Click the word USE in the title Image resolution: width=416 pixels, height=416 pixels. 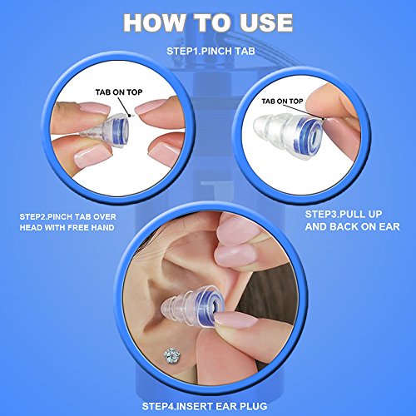266,22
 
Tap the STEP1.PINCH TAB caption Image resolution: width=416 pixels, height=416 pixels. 210,51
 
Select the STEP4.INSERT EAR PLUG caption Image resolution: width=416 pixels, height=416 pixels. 205,406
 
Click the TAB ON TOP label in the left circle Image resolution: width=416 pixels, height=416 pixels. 119,92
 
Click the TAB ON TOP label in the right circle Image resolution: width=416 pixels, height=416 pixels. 282,102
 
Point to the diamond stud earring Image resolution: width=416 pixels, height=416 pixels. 172,355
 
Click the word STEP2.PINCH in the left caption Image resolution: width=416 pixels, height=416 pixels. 46,216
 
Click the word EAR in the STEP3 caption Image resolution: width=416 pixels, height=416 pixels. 389,226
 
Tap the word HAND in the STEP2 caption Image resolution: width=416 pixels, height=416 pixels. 102,228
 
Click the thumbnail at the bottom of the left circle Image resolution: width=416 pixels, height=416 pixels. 90,156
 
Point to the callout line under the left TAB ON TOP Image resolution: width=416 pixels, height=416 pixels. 125,106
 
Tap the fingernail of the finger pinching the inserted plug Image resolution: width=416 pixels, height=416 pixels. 235,319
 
